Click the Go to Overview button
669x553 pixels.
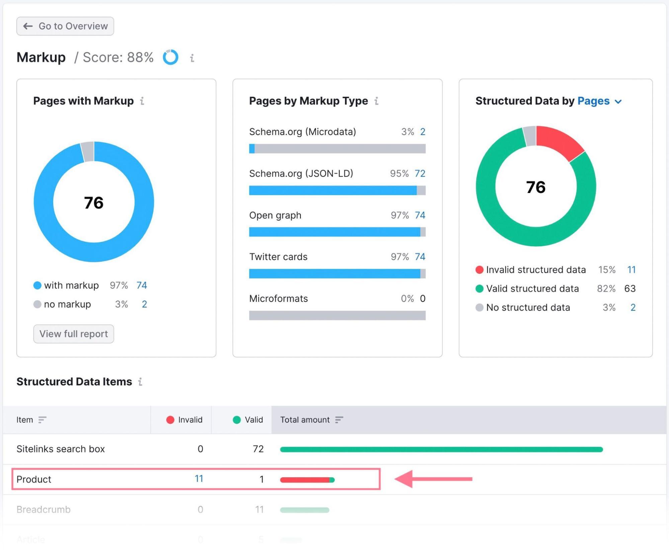65,26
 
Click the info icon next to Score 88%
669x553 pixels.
192,58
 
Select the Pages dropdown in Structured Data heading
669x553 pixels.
599,101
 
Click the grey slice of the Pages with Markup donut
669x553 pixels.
88,151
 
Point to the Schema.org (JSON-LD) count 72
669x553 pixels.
420,174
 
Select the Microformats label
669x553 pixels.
278,299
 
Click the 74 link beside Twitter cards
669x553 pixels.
420,257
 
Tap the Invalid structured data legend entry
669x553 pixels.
535,270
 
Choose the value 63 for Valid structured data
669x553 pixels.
630,289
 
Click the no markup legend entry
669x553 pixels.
67,304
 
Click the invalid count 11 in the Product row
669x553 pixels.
199,479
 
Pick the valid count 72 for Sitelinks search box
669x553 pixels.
258,449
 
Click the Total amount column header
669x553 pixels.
305,420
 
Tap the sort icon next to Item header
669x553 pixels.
42,420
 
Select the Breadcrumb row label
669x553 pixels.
44,510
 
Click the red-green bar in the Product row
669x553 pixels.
307,480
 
